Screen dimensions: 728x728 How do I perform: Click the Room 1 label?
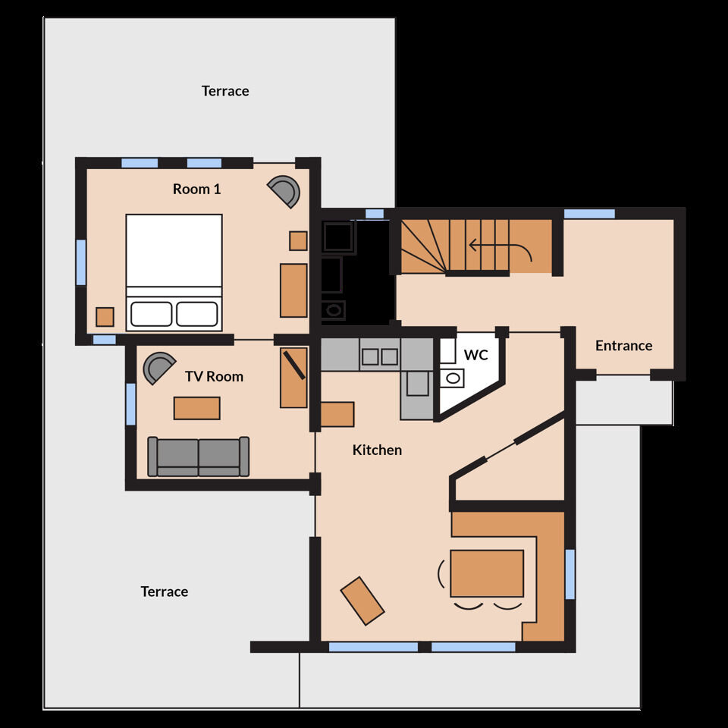(x=197, y=189)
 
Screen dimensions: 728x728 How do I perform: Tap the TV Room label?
(x=214, y=376)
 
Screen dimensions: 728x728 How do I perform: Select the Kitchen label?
(x=377, y=450)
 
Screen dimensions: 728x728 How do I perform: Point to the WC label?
(x=476, y=355)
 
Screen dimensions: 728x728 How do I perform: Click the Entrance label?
(x=623, y=346)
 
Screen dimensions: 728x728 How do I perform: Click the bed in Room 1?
(x=174, y=272)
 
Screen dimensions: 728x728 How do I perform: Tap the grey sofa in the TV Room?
(x=198, y=457)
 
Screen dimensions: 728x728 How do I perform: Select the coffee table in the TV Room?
(x=197, y=408)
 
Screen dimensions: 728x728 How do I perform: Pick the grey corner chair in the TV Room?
(x=158, y=367)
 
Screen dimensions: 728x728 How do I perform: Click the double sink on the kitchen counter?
(x=380, y=356)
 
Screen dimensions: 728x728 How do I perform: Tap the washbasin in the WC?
(x=452, y=378)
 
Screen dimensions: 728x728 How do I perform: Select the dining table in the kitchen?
(x=487, y=573)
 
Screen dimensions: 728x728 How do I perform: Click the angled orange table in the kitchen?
(x=362, y=601)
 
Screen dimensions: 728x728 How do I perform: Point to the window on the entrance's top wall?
(x=589, y=214)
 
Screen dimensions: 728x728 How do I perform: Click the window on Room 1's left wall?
(x=81, y=262)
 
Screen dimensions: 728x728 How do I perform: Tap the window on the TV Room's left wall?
(x=131, y=404)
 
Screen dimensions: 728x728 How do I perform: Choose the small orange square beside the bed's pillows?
(x=105, y=317)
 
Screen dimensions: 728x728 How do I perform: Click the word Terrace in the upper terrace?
(x=225, y=91)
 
